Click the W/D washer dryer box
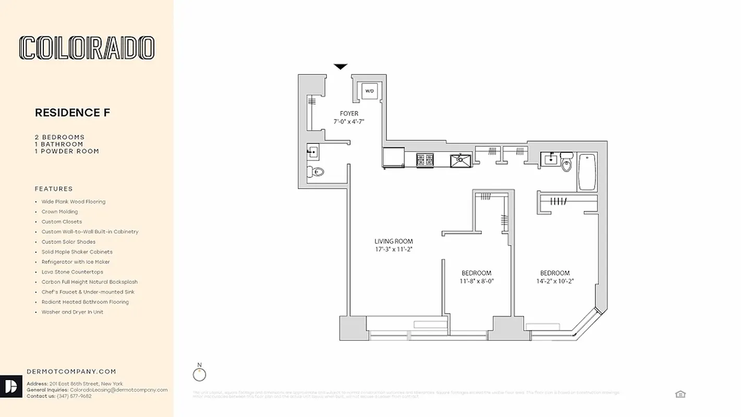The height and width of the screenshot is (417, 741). click(370, 91)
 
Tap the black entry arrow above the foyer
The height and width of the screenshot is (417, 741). click(341, 67)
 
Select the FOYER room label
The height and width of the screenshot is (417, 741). click(349, 114)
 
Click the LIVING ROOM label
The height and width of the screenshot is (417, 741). click(394, 241)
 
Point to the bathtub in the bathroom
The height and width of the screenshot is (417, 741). click(587, 171)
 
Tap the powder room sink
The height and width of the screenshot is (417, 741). click(313, 152)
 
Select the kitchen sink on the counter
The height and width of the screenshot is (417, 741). click(461, 160)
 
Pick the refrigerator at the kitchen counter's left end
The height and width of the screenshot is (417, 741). click(394, 157)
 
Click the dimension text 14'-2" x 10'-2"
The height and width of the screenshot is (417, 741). click(555, 281)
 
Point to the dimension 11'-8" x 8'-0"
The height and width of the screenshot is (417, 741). click(476, 281)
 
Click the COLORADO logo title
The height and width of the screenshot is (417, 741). click(87, 48)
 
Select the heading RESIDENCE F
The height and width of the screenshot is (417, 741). click(72, 113)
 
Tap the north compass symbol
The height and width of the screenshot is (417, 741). click(199, 374)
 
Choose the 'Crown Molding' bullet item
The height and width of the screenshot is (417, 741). click(59, 212)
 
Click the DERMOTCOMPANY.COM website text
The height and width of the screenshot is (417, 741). click(71, 372)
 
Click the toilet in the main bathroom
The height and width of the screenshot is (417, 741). click(567, 165)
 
